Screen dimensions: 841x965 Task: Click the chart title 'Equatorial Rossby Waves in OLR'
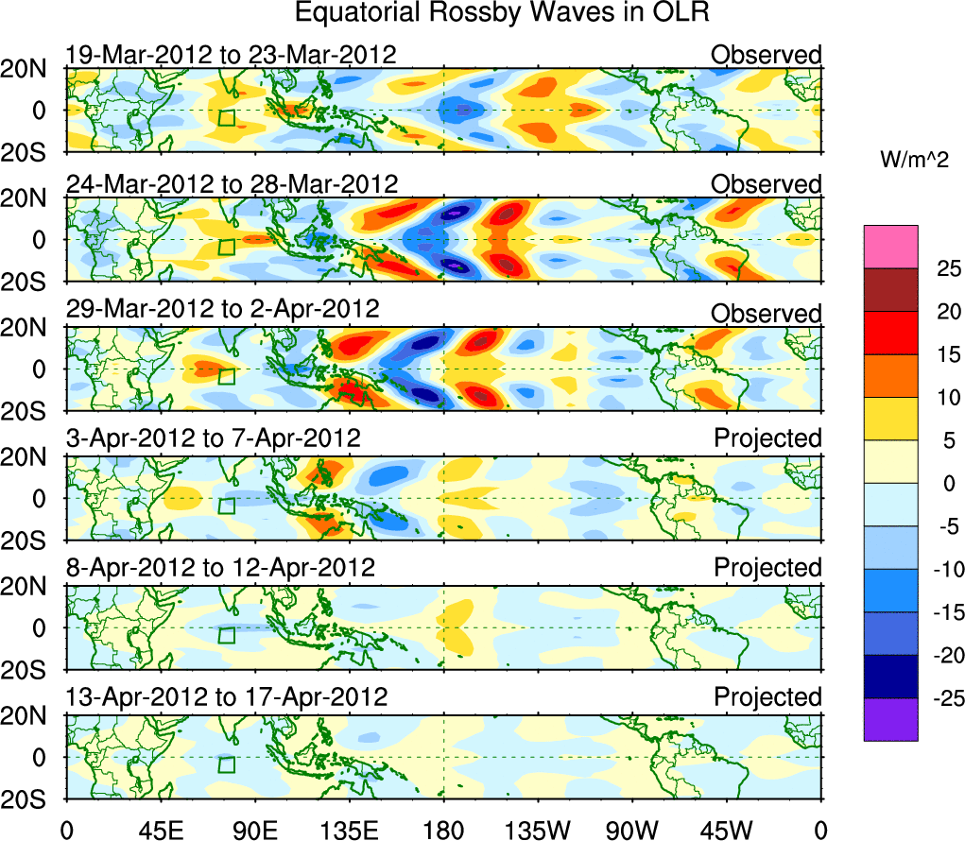click(502, 13)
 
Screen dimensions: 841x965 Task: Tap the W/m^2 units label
click(913, 161)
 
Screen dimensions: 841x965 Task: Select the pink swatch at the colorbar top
click(890, 247)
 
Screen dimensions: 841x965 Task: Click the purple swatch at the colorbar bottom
click(890, 719)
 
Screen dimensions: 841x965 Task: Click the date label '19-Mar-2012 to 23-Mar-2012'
click(231, 54)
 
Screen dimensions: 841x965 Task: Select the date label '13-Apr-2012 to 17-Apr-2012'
click(227, 697)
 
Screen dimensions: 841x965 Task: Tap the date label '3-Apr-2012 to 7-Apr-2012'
click(213, 438)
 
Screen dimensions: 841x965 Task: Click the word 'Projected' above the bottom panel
click(767, 697)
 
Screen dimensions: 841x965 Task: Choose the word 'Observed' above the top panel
click(767, 54)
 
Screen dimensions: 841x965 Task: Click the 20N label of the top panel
click(28, 69)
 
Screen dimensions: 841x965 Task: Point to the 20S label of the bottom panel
click(28, 799)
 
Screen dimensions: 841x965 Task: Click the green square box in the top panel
click(226, 118)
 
